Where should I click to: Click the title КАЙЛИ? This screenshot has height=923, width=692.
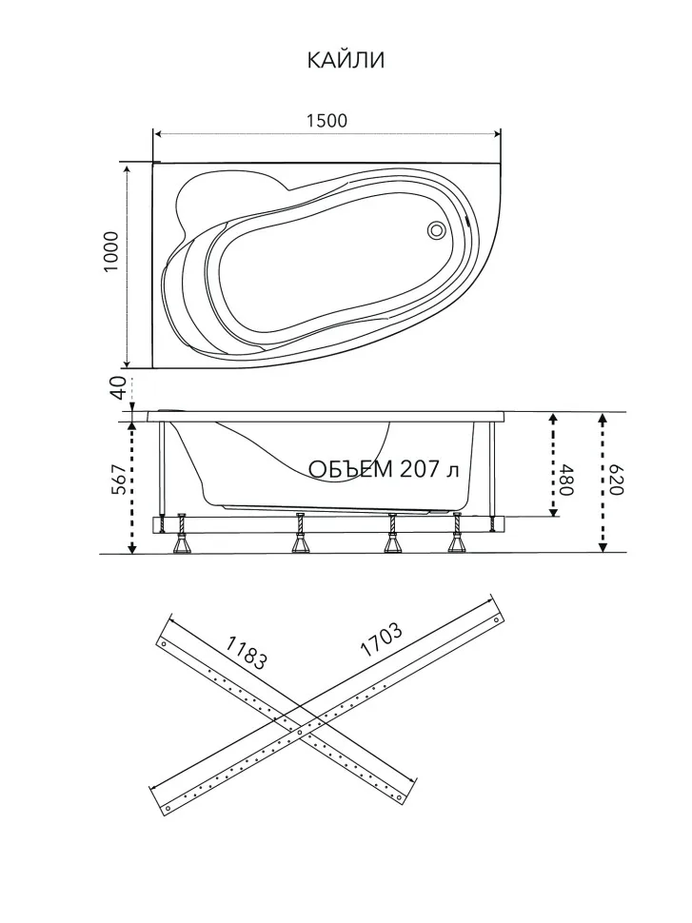tap(346, 60)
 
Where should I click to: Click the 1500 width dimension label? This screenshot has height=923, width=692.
tap(326, 121)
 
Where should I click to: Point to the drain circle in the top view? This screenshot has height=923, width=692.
tap(437, 229)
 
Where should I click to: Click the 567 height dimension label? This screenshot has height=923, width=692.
tap(118, 480)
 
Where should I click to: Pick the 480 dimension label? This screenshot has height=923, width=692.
tap(565, 481)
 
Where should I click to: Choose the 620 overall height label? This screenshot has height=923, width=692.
tap(616, 481)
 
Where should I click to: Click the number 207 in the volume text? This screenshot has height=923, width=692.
tap(420, 468)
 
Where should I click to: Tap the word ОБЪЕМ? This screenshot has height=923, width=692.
tap(350, 469)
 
